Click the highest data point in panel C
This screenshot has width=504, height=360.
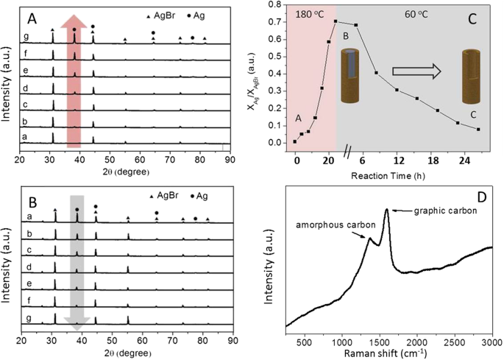point(336,21)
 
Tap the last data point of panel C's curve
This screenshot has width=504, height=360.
point(478,130)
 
